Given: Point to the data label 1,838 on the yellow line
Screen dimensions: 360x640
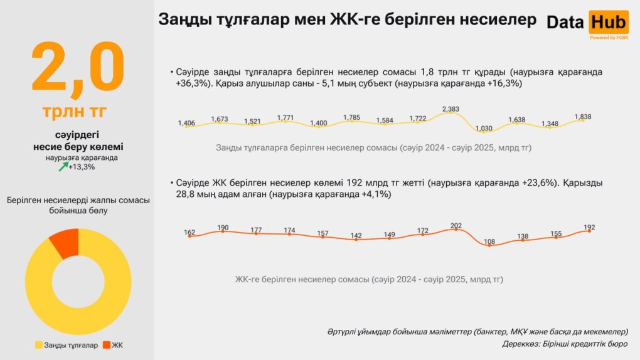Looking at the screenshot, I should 583,117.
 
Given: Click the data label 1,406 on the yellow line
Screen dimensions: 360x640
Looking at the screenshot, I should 187,123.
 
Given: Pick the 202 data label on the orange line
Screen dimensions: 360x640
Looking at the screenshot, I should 456,226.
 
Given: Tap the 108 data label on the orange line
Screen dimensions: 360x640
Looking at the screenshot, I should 489,241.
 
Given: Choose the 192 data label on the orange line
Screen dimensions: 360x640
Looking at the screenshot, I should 589,227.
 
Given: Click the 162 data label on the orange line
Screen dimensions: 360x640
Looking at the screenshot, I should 189,233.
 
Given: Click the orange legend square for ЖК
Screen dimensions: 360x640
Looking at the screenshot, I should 107,345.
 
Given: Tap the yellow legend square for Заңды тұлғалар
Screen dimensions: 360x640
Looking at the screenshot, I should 39,345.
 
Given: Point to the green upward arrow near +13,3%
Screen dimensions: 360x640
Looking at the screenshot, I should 63,167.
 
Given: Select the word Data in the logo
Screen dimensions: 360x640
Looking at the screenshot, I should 565,23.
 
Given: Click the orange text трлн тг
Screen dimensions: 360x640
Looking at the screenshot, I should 75,112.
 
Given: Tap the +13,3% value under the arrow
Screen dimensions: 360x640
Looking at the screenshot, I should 82,167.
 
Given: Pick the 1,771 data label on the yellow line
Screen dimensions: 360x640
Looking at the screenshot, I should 285,117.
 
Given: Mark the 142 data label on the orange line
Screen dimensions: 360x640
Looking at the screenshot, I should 356,236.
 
